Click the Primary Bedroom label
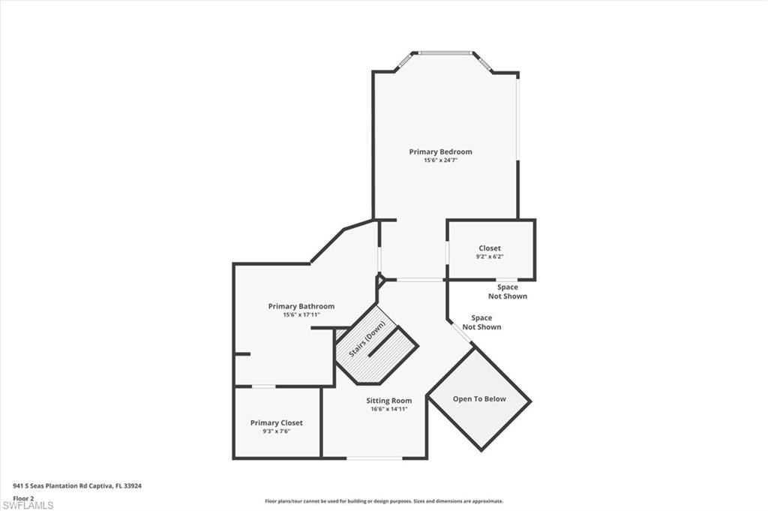(440, 152)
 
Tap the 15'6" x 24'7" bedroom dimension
(440, 161)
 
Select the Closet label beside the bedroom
(490, 248)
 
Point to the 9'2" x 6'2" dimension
(490, 257)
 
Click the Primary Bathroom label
(301, 306)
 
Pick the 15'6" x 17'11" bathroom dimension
(301, 315)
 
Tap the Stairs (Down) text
(367, 339)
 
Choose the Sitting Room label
(388, 401)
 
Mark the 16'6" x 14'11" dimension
(388, 409)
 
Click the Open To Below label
(479, 399)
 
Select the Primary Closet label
(277, 423)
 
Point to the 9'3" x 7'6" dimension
(277, 431)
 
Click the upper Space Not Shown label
(508, 292)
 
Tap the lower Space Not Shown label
(481, 323)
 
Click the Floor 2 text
(23, 497)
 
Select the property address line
(77, 485)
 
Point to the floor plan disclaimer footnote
(383, 501)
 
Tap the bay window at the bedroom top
(445, 53)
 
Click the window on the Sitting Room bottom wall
(373, 458)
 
